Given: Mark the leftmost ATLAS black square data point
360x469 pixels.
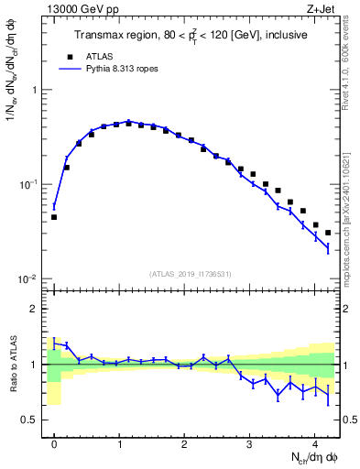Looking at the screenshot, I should (54, 217).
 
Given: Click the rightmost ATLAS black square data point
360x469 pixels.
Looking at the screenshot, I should (328, 233).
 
